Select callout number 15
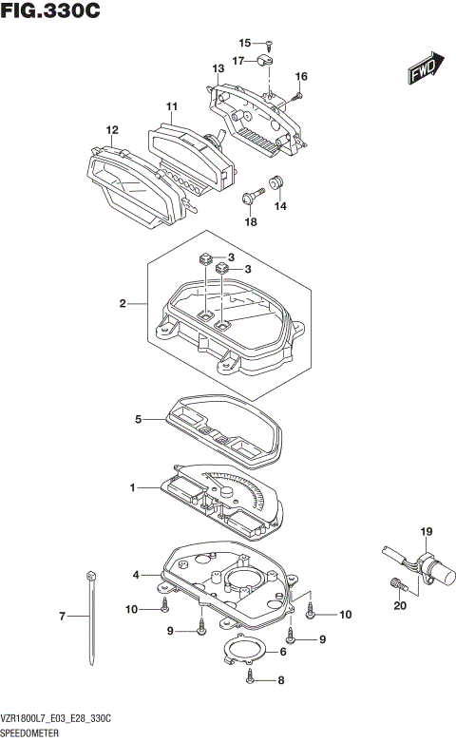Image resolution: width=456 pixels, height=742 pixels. [244, 43]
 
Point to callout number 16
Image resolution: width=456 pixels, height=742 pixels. [301, 77]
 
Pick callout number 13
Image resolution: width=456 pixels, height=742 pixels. [218, 69]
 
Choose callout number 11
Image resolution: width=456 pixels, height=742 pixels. [172, 105]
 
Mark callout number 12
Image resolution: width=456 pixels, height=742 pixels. [112, 130]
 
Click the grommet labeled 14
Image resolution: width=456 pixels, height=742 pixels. [277, 182]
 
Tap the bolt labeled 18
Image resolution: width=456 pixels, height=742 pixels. [254, 197]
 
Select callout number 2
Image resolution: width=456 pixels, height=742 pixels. [123, 304]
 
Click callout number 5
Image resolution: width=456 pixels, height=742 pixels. [138, 418]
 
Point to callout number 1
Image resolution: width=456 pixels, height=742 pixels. [134, 488]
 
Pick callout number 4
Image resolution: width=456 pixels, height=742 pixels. [136, 575]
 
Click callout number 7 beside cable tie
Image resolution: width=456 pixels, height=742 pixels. [63, 617]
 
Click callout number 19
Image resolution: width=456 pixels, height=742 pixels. [427, 531]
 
